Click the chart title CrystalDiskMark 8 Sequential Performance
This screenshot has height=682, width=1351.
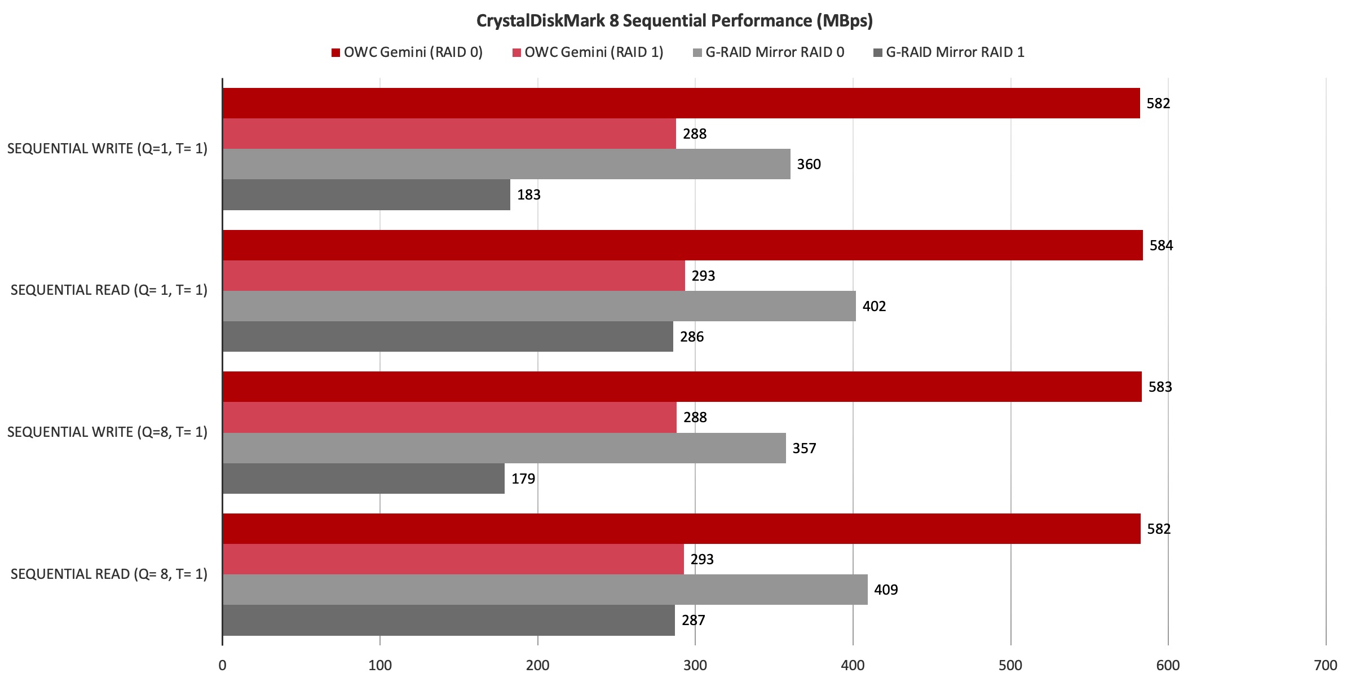pos(674,21)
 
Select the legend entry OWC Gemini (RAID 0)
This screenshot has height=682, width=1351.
pos(407,52)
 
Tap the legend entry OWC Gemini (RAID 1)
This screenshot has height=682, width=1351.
pos(588,52)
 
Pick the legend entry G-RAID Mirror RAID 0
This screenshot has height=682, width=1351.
pos(769,52)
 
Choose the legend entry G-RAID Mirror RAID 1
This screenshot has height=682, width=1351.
pos(949,52)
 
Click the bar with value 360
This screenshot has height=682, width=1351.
pos(506,164)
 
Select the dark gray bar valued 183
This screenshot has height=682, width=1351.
pos(367,194)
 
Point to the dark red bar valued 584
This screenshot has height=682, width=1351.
pos(682,245)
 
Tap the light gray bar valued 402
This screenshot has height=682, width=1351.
pos(539,306)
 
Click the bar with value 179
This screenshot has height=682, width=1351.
pos(364,479)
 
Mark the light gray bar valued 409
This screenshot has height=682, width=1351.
pos(545,590)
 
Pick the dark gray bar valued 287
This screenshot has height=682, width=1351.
pos(448,620)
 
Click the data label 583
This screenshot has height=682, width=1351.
pos(1160,387)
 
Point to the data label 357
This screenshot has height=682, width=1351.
pos(804,448)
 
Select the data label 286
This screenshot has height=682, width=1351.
pos(692,336)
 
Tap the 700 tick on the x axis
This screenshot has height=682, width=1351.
pos(1325,666)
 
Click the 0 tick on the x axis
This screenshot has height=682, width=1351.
pos(223,666)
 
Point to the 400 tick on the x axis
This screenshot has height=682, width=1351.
pos(853,666)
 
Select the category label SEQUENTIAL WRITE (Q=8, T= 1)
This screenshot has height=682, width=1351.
pos(107,432)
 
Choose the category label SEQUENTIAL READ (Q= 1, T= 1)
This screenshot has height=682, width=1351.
pos(109,290)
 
